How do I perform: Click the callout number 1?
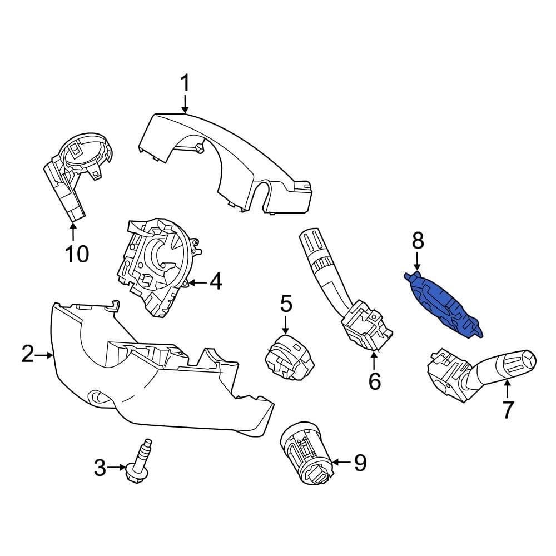coord(185,85)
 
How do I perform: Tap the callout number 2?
coord(28,354)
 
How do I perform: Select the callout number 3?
coord(100,468)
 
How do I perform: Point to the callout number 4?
coord(215,282)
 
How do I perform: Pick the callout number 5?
coord(286,304)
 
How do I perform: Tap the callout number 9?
coord(360,463)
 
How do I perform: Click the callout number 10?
coord(76,254)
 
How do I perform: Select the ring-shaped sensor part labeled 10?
coord(78,167)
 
